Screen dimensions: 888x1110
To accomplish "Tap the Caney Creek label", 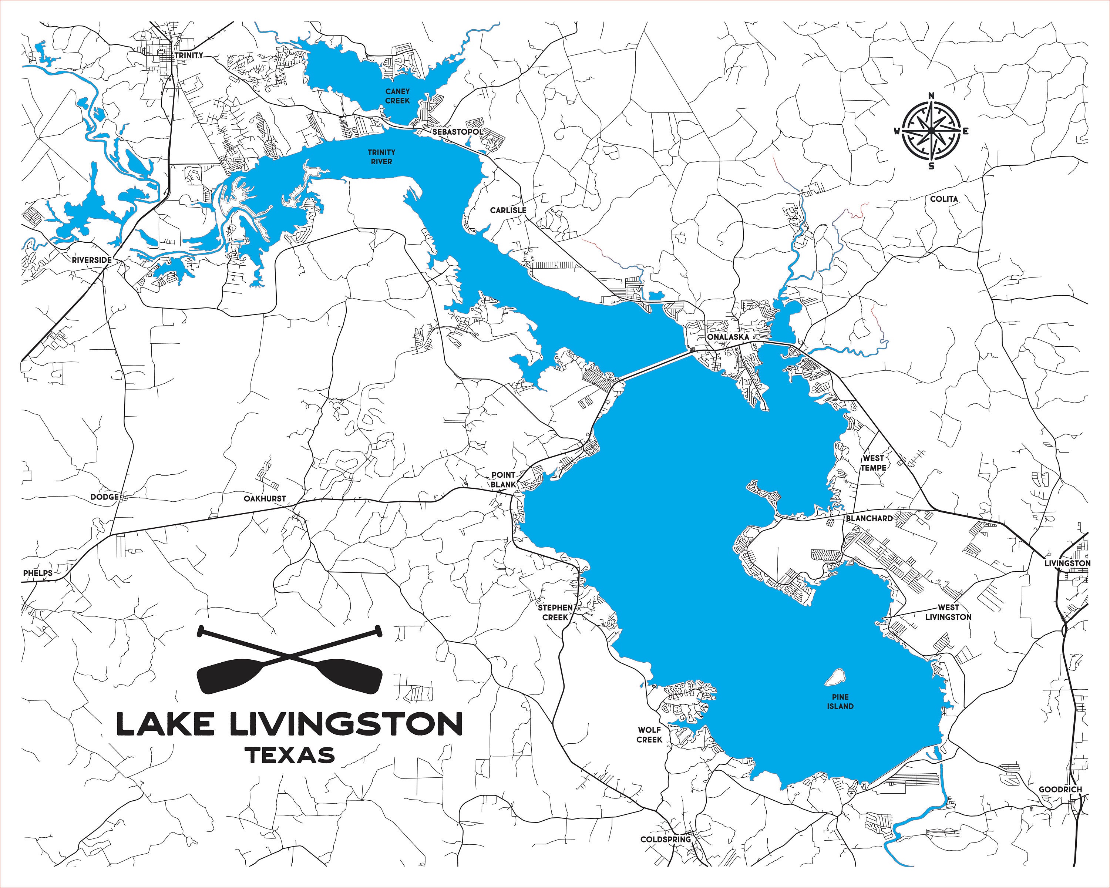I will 397,96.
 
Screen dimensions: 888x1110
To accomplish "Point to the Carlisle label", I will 508,210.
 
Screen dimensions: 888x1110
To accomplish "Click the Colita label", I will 944,199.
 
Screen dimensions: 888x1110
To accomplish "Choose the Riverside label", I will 92,260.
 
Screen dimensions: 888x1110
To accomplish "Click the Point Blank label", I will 503,480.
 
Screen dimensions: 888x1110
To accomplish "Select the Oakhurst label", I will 265,499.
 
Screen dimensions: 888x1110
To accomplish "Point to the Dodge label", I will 104,497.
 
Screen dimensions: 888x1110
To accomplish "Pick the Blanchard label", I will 869,518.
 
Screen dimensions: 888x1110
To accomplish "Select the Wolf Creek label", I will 649,734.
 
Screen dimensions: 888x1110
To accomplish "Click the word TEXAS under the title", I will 290,756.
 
